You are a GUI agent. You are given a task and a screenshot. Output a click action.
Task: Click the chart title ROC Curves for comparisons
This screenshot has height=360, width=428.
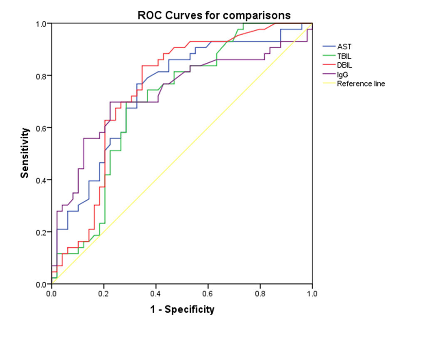214,16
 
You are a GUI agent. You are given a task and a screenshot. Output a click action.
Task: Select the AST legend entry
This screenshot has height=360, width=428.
344,47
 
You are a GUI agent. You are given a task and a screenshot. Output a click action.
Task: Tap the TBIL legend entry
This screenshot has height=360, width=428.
344,56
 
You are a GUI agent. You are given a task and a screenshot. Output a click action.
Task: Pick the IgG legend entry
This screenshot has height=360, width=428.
342,74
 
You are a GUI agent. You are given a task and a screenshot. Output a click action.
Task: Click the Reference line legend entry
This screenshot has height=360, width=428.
361,84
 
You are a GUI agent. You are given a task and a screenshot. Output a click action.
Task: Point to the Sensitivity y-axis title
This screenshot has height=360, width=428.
25,153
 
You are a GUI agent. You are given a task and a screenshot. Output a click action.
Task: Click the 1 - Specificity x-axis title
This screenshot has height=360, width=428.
182,309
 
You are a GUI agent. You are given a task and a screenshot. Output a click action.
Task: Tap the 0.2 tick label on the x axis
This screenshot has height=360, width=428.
104,293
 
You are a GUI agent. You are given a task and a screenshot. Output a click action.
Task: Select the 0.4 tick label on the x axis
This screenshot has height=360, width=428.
156,293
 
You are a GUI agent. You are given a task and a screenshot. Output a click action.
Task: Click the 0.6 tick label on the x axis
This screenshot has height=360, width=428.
208,293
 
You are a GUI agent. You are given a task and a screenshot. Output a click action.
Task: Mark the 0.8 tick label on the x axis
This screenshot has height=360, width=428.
260,293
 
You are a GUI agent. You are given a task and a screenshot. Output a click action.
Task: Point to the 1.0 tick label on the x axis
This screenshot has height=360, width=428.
312,293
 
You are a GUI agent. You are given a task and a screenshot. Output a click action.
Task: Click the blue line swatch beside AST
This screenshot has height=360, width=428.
329,47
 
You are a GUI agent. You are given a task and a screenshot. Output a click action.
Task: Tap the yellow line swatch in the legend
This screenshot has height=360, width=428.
329,84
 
